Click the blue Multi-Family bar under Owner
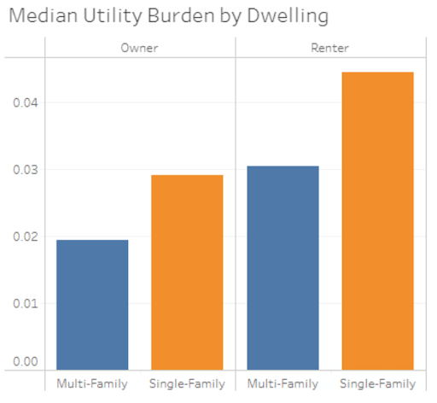click(x=92, y=304)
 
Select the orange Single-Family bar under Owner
click(x=187, y=272)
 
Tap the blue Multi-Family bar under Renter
click(x=283, y=267)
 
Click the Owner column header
click(x=140, y=48)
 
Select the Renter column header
click(x=330, y=48)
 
